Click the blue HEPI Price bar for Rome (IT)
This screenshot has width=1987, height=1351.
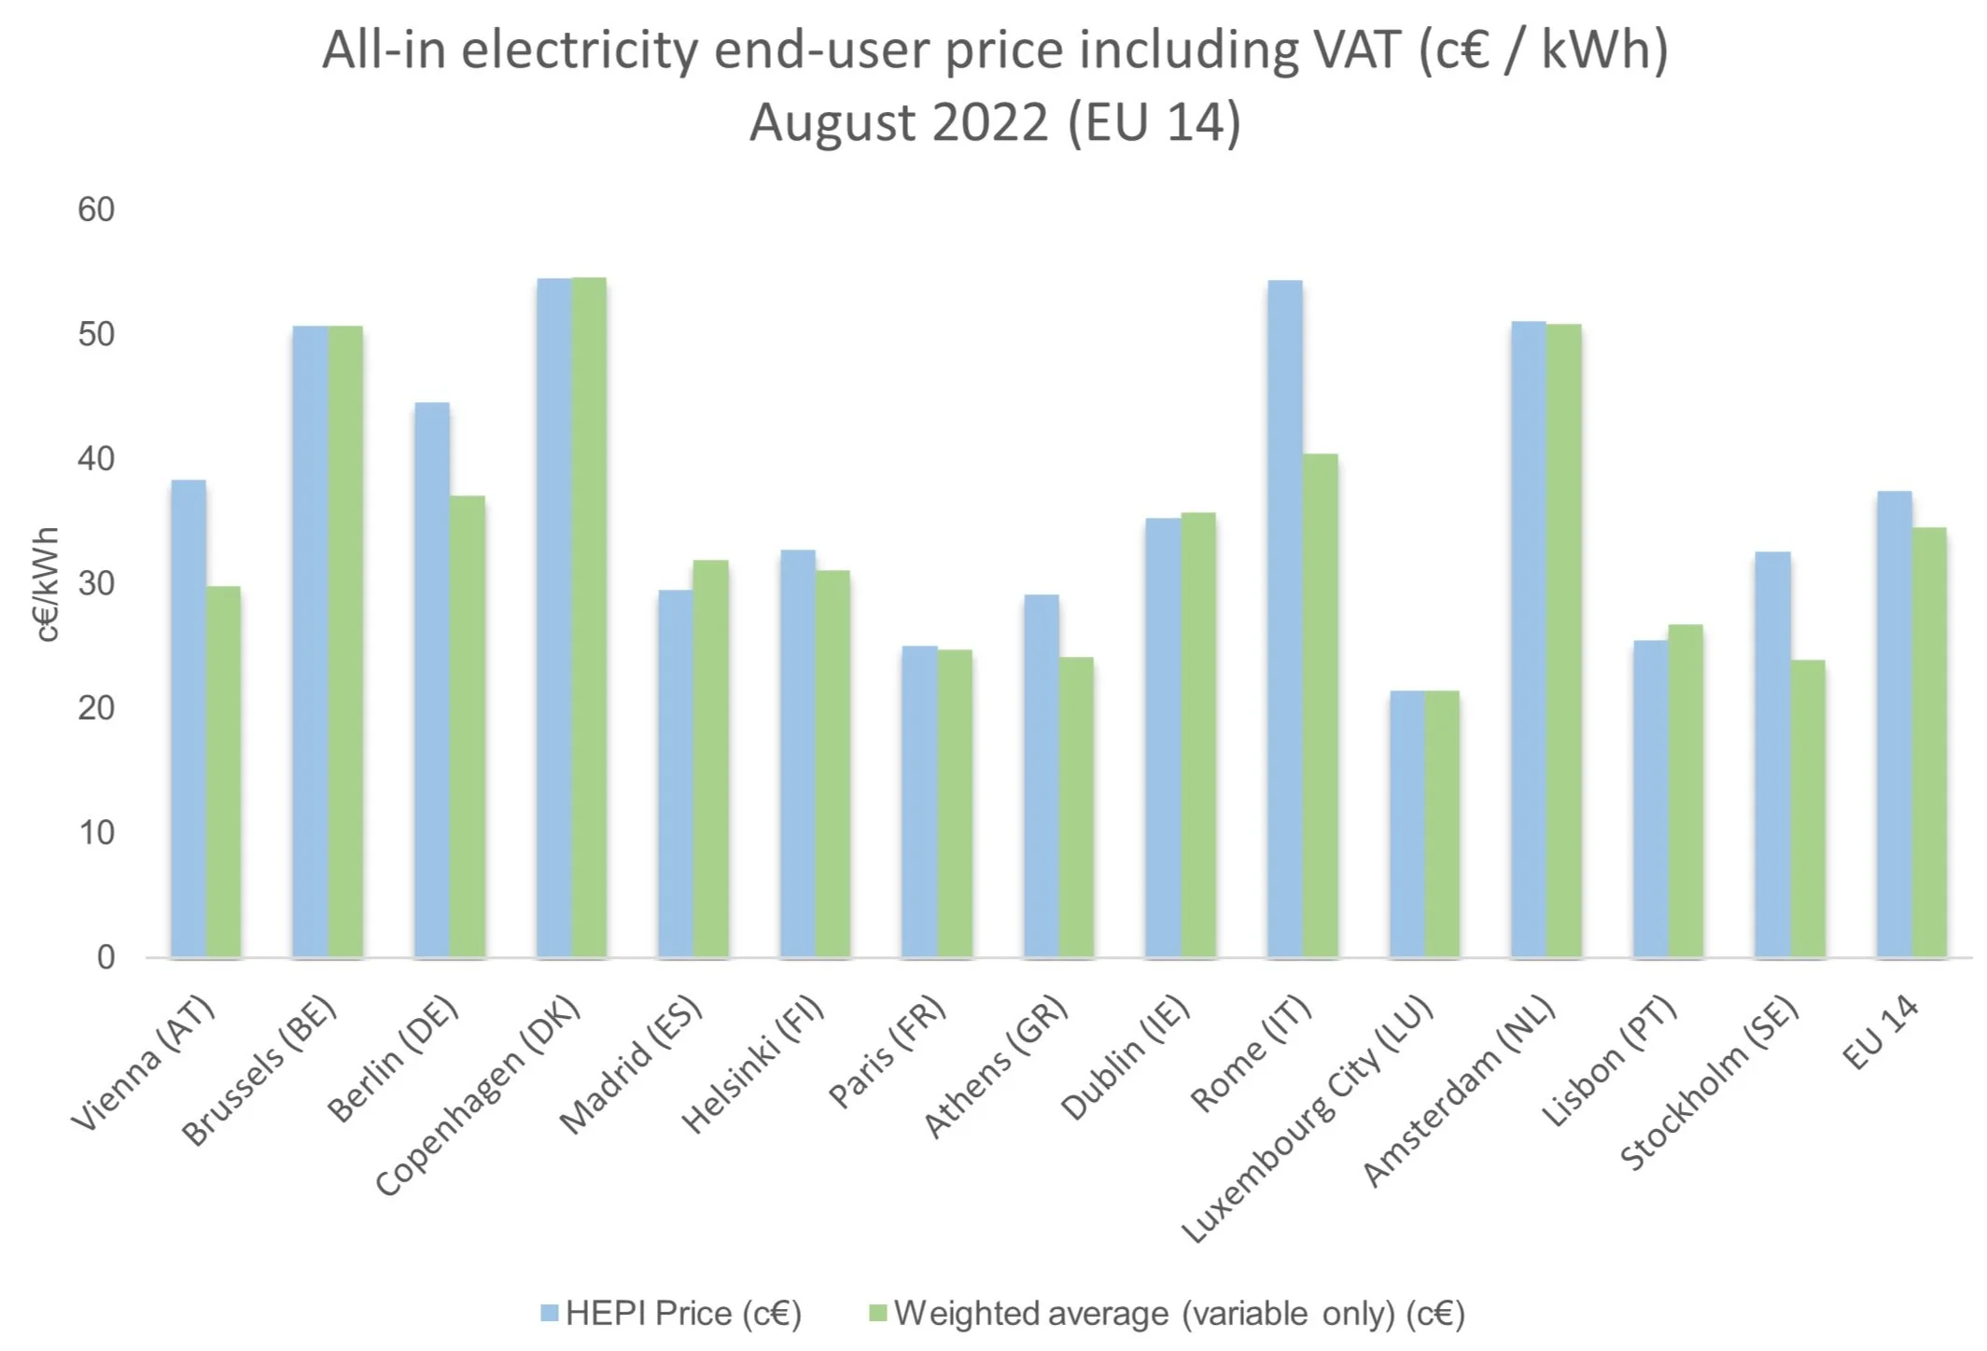point(1285,619)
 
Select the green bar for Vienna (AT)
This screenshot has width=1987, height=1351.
point(223,772)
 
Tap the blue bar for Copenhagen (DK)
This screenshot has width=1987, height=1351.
point(554,618)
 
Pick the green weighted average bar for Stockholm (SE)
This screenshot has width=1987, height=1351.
point(1808,809)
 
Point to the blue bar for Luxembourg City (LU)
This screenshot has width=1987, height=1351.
point(1407,824)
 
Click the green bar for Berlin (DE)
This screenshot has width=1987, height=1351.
point(468,727)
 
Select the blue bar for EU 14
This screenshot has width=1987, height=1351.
point(1895,724)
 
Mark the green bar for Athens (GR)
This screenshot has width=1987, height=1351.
point(1076,807)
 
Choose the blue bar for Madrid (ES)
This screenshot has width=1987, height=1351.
point(676,773)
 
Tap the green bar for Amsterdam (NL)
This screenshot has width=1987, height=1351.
point(1564,641)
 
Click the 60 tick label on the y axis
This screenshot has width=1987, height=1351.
point(96,210)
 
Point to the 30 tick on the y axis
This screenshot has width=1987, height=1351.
point(96,584)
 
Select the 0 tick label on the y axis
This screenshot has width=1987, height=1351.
point(106,957)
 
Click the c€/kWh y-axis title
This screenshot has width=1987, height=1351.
point(46,584)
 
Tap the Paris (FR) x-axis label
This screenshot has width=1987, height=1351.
point(887,1052)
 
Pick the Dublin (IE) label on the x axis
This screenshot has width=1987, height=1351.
point(1125,1058)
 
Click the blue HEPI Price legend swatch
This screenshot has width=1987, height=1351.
point(550,1314)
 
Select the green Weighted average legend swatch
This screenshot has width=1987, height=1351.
point(877,1314)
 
